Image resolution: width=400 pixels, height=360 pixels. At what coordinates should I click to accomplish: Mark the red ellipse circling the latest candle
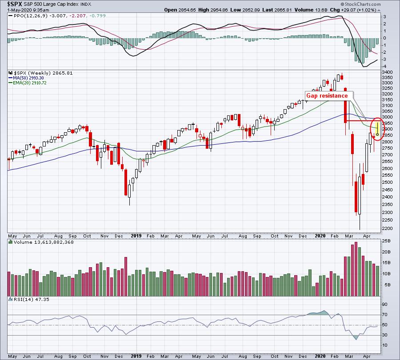(377, 129)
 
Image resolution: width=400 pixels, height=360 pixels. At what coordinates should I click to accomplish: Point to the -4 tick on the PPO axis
(385, 66)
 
